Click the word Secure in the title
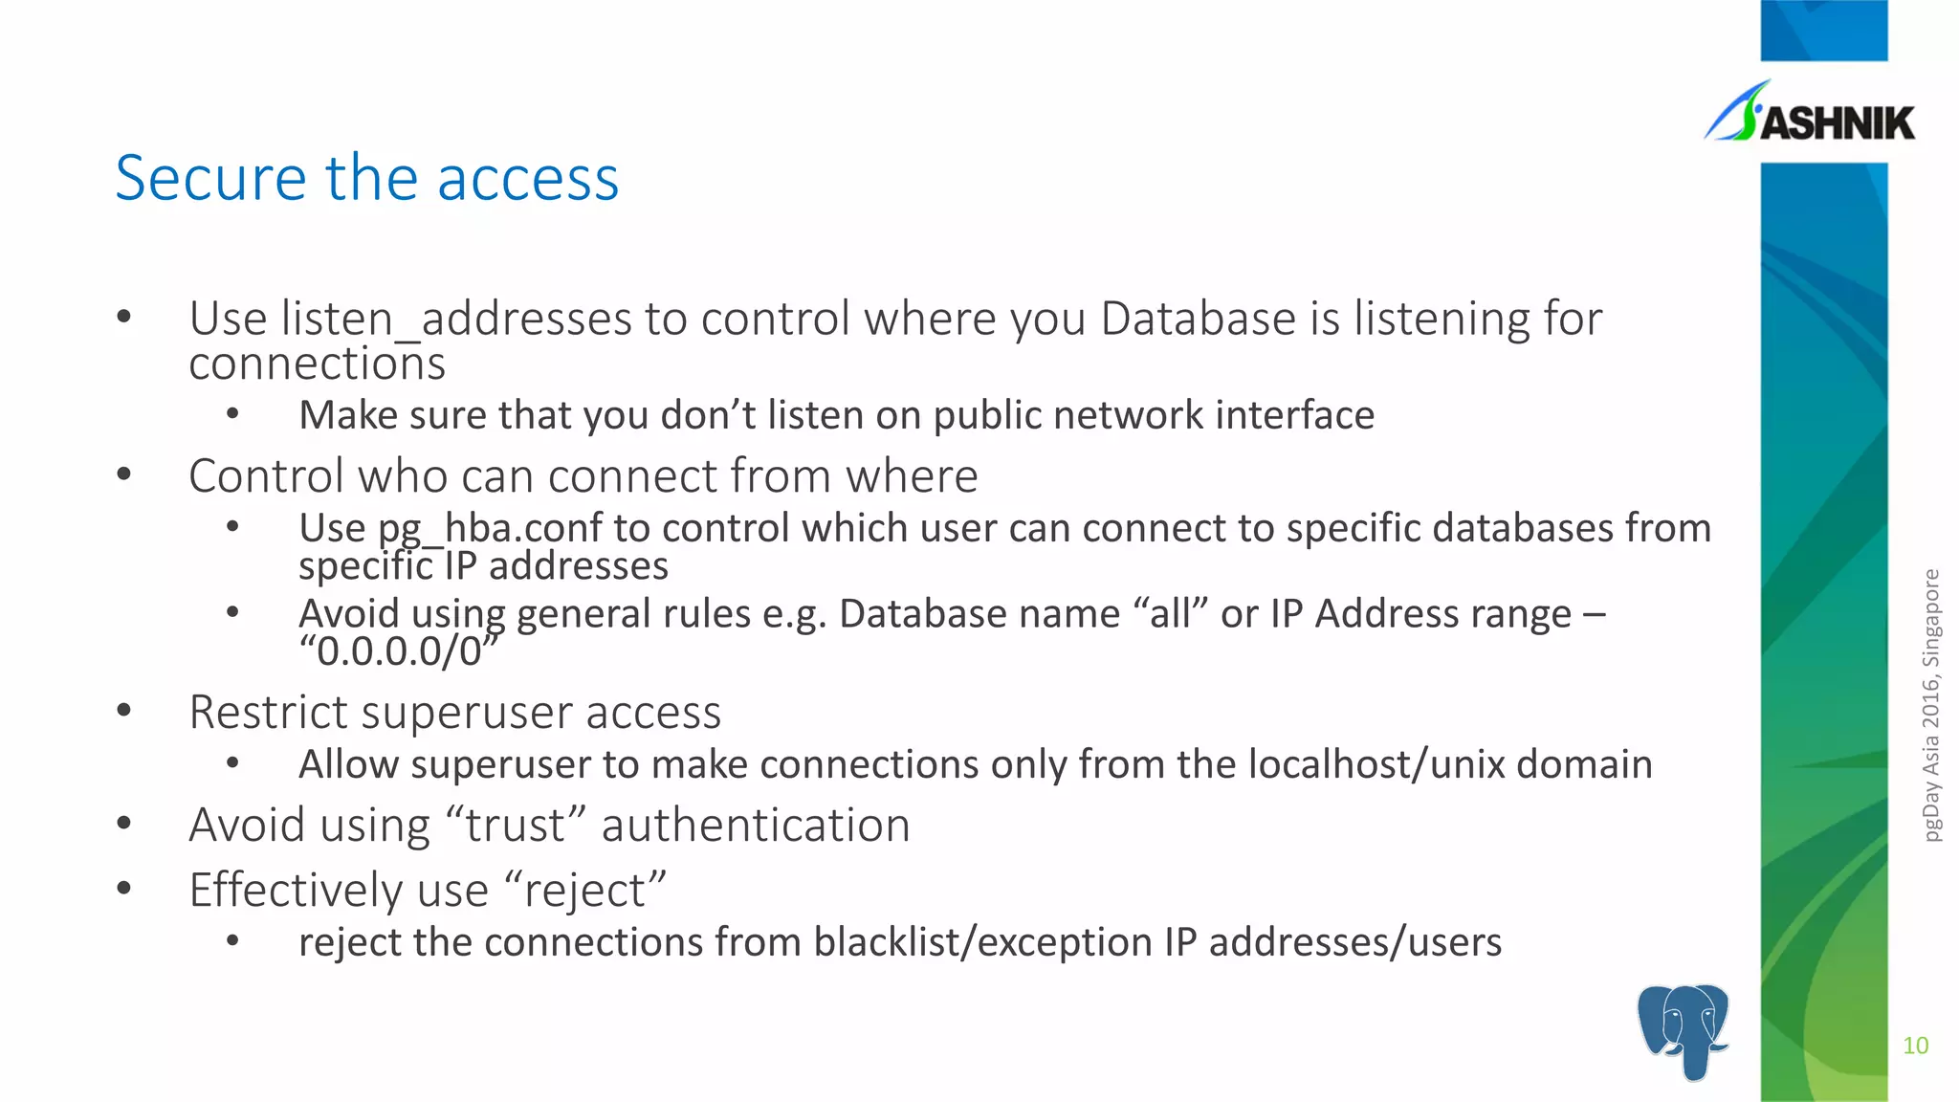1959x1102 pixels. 210,179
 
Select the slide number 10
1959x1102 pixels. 1915,1046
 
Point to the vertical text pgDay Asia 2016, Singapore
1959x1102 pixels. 1931,705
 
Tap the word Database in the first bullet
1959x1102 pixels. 1198,319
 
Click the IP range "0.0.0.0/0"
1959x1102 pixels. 399,651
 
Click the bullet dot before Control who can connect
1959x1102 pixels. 123,474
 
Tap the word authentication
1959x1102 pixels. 755,826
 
